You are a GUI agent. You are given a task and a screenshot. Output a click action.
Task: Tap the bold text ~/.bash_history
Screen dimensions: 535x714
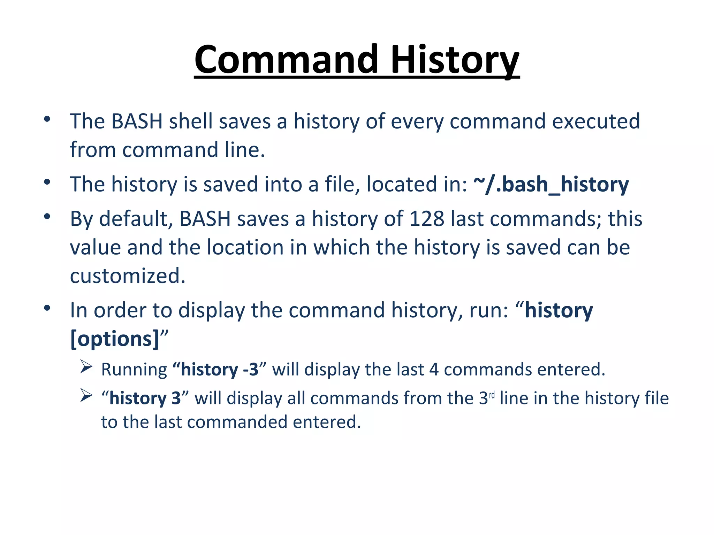click(x=551, y=184)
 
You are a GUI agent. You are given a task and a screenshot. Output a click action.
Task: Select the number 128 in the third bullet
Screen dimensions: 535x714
click(x=426, y=219)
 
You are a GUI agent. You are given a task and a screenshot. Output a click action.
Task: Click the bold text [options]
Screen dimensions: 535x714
click(x=115, y=339)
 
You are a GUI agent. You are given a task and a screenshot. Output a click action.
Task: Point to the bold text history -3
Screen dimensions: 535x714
click(x=220, y=370)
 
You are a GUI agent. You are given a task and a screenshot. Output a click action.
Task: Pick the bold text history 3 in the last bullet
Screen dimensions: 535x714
click(x=145, y=398)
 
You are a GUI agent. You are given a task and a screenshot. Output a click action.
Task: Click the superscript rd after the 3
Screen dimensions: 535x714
click(x=492, y=395)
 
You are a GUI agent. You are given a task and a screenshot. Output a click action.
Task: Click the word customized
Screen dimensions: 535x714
click(x=127, y=276)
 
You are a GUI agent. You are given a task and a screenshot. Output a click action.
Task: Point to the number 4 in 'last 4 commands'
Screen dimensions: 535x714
click(x=434, y=370)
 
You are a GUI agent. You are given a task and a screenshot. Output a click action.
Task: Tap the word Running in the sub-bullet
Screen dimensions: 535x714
click(x=134, y=370)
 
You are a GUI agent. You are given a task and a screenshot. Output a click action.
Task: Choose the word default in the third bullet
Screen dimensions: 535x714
click(x=136, y=219)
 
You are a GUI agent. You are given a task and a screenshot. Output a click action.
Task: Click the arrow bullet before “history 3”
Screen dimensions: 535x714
click(x=86, y=395)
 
